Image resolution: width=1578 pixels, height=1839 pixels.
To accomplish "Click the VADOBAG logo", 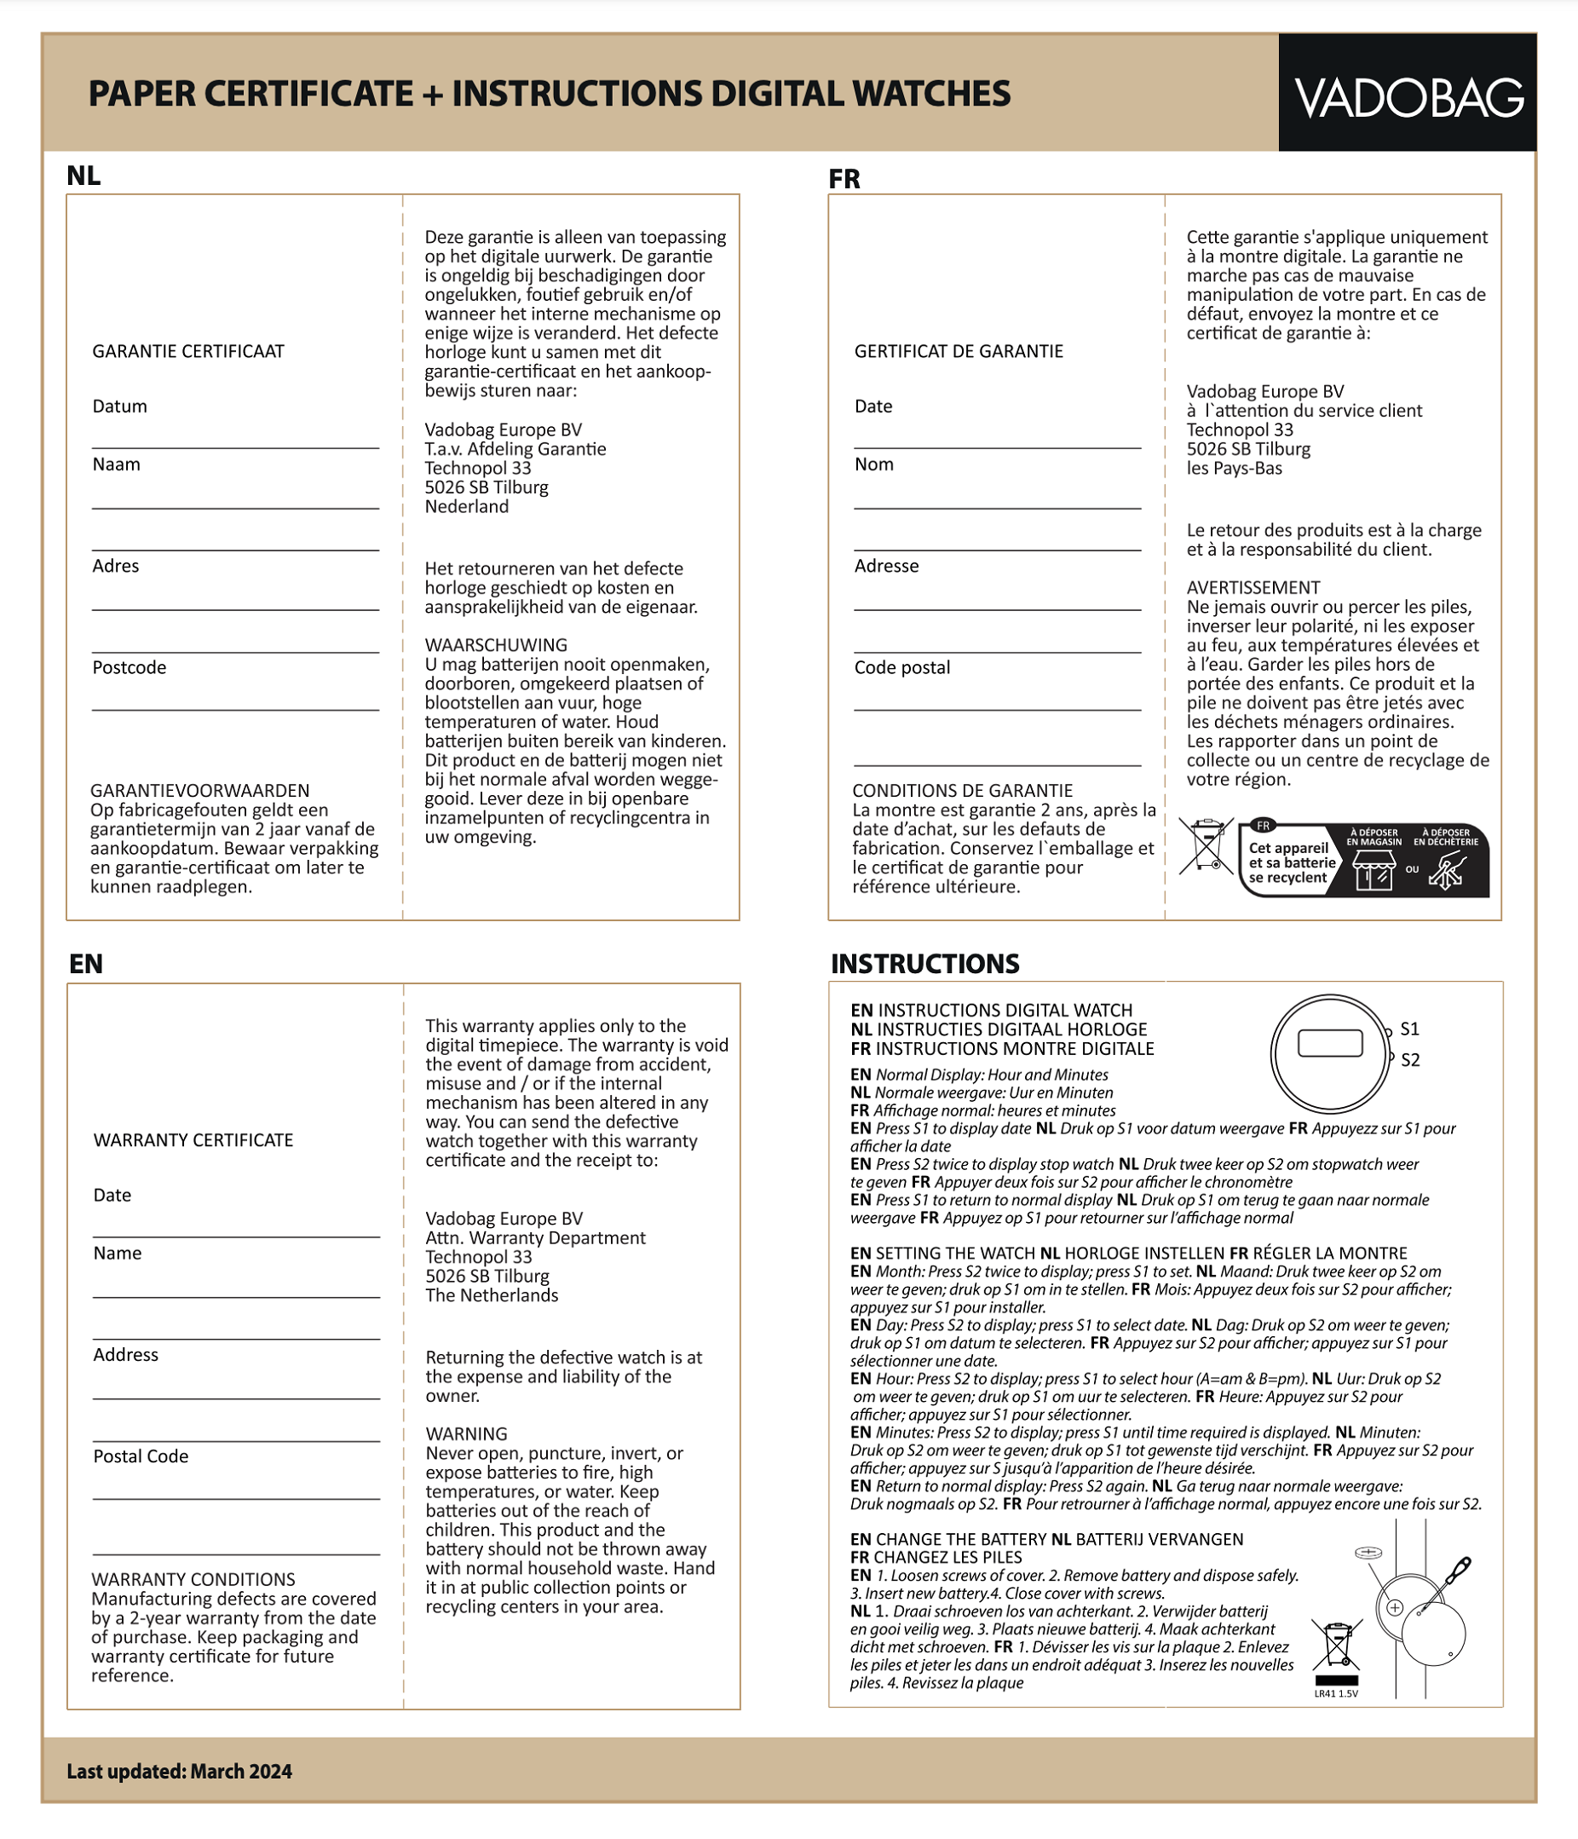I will (1408, 98).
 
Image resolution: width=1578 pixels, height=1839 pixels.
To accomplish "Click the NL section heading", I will (84, 176).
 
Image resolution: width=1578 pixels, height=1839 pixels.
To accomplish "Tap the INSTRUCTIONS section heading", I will (924, 964).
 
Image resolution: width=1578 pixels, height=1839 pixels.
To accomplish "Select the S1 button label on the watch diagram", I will (1409, 1029).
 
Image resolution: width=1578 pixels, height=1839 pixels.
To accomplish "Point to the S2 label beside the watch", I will (1409, 1060).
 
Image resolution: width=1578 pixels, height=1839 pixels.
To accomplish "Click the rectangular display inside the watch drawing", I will (1329, 1043).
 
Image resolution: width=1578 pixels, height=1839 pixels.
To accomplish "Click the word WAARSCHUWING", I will (496, 645).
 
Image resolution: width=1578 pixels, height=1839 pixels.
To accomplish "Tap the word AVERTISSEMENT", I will (1253, 587).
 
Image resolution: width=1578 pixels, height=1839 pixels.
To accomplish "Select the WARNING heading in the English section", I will (467, 1434).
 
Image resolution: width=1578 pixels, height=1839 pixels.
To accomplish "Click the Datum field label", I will (120, 406).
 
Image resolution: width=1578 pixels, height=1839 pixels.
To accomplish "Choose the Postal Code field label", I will (141, 1456).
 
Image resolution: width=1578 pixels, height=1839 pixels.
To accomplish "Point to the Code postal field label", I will (901, 667).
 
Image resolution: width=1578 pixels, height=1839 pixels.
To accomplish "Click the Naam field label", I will (116, 464).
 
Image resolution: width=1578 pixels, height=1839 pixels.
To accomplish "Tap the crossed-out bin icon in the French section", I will (1207, 845).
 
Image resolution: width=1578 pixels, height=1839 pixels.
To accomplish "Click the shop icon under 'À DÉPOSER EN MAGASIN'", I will (1374, 871).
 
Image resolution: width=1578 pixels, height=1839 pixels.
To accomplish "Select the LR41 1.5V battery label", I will (1336, 1693).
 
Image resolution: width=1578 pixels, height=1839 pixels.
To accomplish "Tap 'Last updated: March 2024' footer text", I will (179, 1772).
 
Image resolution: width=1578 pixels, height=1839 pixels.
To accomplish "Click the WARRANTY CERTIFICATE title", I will (193, 1140).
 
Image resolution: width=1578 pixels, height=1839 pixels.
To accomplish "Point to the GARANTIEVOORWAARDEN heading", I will (199, 791).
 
